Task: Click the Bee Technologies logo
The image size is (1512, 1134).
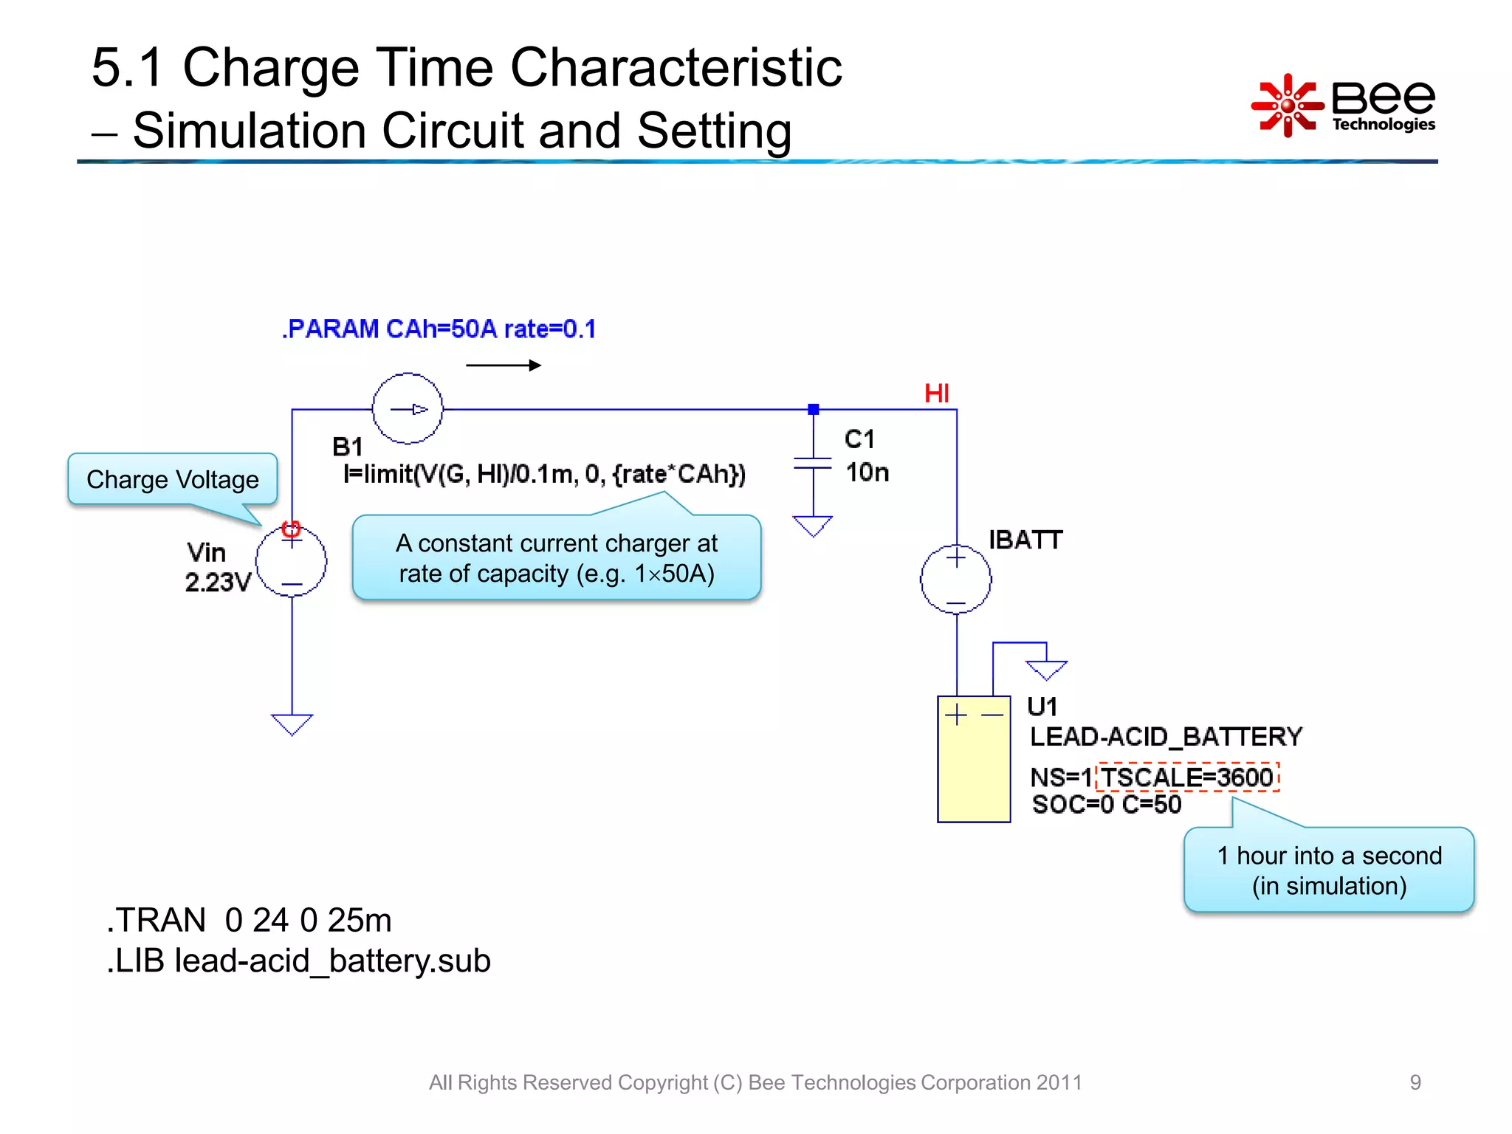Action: tap(1344, 105)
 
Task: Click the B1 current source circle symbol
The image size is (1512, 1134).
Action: tap(408, 408)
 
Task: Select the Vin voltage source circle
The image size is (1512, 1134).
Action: tap(292, 561)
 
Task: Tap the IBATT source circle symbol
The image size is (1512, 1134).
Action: tap(955, 580)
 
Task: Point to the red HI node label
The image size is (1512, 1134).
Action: tap(936, 394)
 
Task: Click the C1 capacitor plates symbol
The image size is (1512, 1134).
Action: tap(813, 463)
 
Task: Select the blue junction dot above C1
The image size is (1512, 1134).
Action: tap(813, 409)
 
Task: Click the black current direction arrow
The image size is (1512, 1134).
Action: tap(504, 365)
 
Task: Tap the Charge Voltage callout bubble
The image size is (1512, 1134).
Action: tap(173, 480)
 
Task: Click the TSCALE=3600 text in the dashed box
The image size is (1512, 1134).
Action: tap(1187, 777)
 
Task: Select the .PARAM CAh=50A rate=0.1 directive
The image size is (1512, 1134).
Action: tap(439, 329)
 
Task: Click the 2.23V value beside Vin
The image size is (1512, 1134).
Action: tap(218, 582)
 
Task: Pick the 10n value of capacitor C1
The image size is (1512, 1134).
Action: tap(867, 472)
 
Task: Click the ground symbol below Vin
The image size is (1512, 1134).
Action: tap(292, 724)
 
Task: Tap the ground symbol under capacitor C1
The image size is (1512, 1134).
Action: tap(813, 525)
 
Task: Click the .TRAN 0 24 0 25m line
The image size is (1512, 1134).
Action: tap(249, 920)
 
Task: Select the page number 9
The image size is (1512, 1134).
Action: tap(1415, 1082)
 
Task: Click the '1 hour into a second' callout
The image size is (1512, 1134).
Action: tap(1329, 870)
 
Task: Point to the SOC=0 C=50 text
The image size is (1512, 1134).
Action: tap(1106, 805)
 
